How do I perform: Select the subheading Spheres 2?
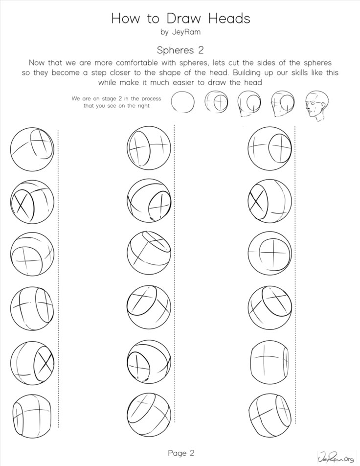click(180, 50)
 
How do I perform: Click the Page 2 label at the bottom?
click(181, 453)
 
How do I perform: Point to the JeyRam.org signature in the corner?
click(336, 457)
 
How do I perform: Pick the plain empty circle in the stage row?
click(183, 102)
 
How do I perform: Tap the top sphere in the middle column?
click(149, 148)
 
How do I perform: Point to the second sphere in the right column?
click(270, 201)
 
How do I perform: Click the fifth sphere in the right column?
click(270, 362)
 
